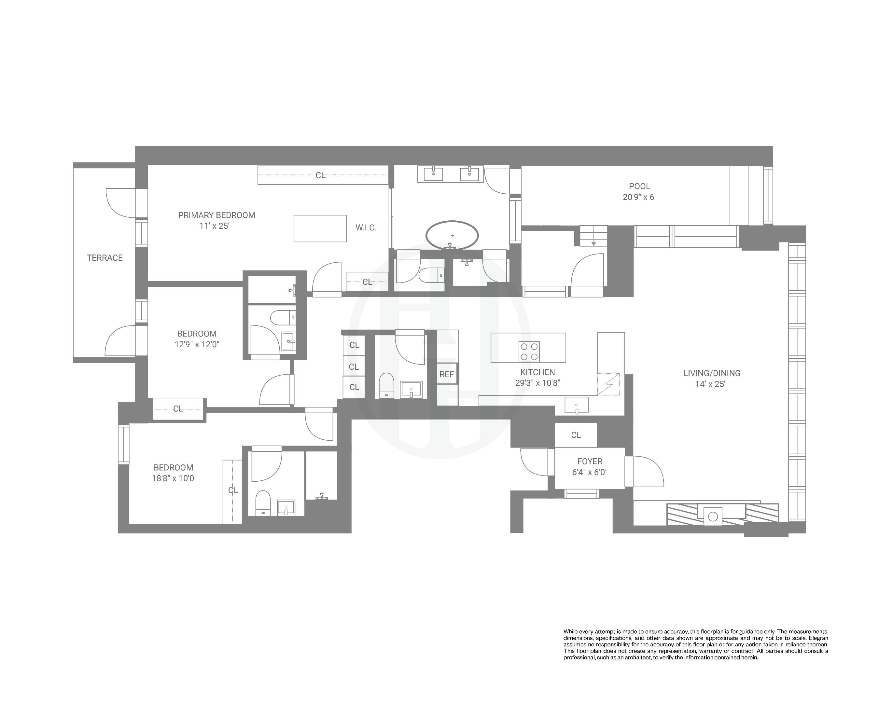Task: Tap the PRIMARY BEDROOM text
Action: coord(216,215)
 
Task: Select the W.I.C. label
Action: coord(366,228)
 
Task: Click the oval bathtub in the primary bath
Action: coord(452,235)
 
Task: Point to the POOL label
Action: coord(639,186)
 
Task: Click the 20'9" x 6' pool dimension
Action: coord(639,197)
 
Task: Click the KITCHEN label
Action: coord(537,372)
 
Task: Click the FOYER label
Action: coord(590,461)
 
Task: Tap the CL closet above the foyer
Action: coord(576,435)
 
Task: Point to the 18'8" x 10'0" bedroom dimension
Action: coord(174,478)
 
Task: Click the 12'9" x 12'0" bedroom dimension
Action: coord(197,344)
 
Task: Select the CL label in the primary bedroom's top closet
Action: coord(320,175)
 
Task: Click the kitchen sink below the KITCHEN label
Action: coord(577,405)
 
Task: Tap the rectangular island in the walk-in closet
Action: coord(320,228)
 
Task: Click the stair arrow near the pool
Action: coord(593,243)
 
